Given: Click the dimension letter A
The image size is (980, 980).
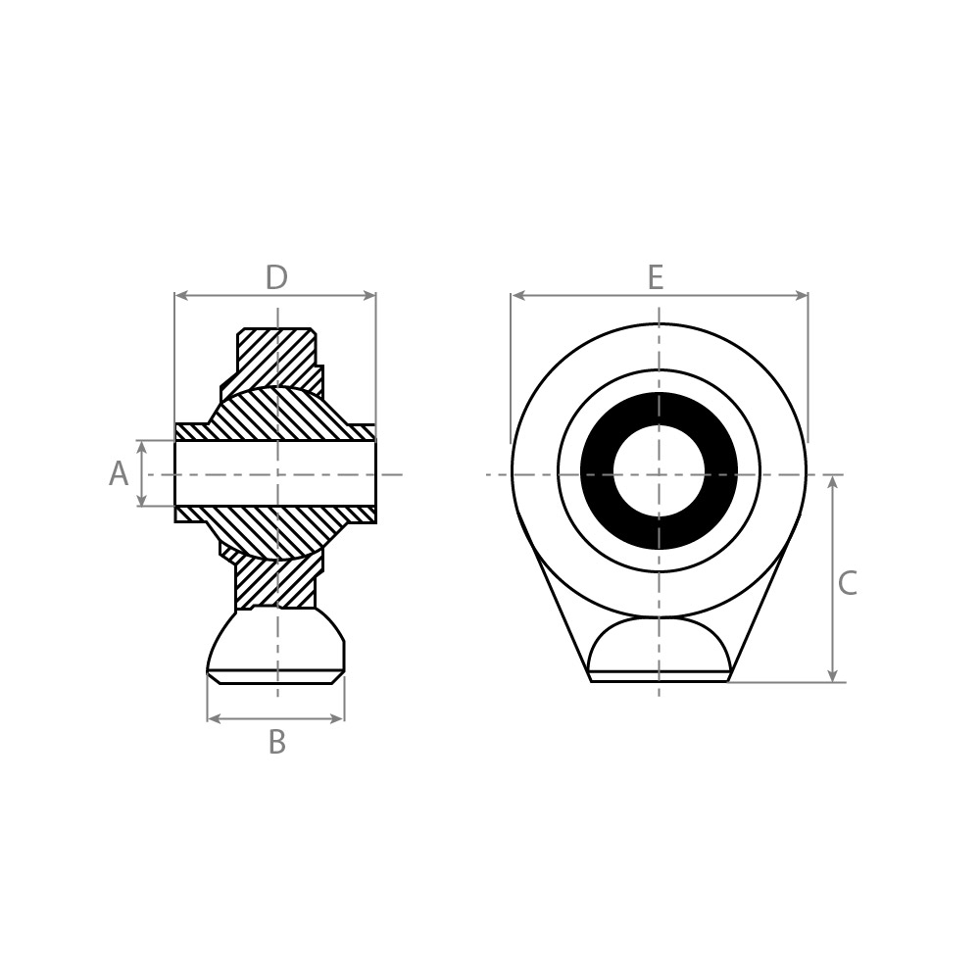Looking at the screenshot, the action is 119,473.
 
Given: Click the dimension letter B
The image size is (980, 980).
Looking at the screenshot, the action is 277,743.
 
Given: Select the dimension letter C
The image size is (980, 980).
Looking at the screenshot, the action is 847,583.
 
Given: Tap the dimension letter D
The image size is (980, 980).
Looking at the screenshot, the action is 276,277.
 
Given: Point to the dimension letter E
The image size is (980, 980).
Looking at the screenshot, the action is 655,277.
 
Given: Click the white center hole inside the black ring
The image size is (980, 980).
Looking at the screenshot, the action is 660,471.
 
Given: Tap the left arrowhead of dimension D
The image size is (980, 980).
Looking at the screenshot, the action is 182,296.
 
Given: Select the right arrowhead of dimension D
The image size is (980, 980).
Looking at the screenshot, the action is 368,296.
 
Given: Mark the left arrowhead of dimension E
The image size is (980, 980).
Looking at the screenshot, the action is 518,296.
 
